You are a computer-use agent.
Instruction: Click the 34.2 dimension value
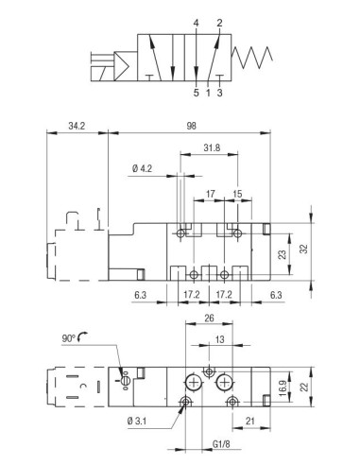click(x=77, y=126)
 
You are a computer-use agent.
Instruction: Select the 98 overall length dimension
click(x=191, y=126)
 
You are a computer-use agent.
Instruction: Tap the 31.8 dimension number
click(x=212, y=147)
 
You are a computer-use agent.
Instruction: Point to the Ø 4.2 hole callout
click(x=142, y=168)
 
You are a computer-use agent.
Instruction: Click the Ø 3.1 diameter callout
click(x=137, y=421)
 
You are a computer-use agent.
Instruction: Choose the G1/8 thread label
click(x=221, y=444)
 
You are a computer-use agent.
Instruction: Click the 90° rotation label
click(x=69, y=338)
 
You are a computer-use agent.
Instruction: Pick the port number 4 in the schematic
click(x=196, y=23)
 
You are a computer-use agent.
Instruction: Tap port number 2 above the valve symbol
click(x=219, y=23)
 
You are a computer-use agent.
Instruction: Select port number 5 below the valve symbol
click(x=197, y=93)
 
